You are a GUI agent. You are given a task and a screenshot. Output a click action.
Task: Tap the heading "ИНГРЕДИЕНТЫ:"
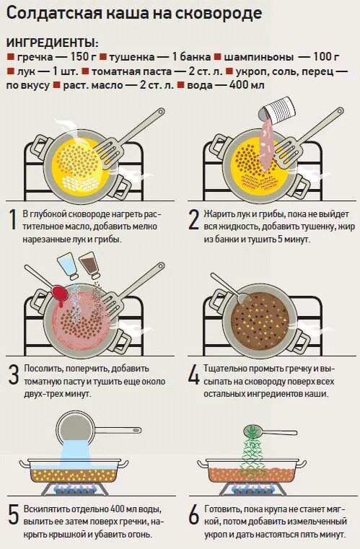(53, 43)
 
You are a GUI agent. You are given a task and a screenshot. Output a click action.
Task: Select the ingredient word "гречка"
(35, 58)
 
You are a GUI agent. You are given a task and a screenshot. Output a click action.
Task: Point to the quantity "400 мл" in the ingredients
(247, 85)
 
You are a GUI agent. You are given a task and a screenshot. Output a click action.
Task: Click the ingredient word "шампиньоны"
(258, 58)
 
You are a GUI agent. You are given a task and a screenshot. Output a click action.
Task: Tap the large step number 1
(12, 220)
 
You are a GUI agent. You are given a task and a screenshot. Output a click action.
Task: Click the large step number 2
(193, 220)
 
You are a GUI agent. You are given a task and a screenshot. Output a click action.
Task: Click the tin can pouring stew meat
(277, 108)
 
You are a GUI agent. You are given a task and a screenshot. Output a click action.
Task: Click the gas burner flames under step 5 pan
(74, 489)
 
